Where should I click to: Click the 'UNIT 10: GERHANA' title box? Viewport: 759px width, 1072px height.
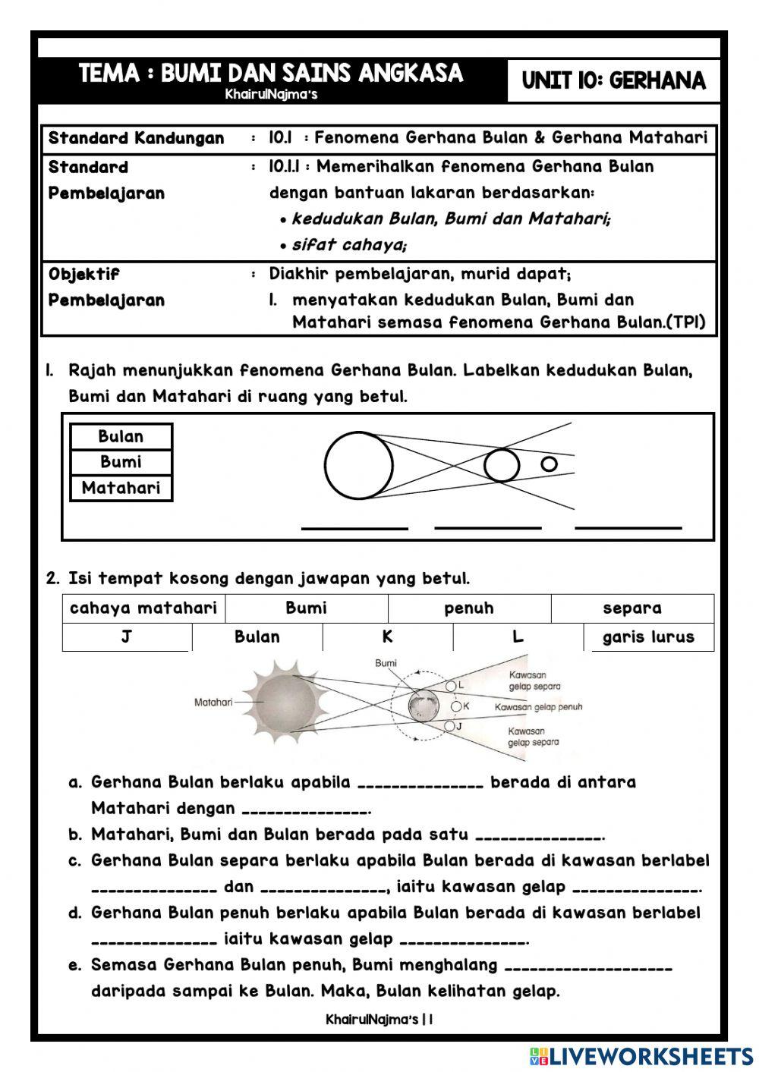[613, 80]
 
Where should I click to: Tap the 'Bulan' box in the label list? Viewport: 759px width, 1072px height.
[121, 436]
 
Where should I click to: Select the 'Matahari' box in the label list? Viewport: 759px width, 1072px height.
[121, 488]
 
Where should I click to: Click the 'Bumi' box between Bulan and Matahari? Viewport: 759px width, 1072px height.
[121, 462]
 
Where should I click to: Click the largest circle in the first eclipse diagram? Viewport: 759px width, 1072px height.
[358, 465]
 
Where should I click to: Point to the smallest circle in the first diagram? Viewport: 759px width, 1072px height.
[549, 464]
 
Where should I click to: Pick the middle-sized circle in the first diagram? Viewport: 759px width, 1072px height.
[501, 465]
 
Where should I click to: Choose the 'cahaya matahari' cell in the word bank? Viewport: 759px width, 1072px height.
[143, 608]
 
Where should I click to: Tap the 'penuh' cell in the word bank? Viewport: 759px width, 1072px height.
[469, 608]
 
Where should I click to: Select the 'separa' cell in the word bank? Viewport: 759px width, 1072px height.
[632, 608]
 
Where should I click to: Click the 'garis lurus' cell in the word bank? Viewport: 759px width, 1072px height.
[648, 637]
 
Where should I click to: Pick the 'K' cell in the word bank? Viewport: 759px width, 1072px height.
[388, 637]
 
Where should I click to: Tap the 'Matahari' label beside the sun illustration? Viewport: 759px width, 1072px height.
[213, 703]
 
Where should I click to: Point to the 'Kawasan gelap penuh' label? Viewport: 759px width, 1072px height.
[538, 707]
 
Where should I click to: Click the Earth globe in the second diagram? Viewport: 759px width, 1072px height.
[423, 706]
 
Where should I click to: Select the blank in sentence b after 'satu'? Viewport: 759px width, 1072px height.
[539, 836]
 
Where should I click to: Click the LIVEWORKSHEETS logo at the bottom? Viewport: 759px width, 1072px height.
[642, 1056]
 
